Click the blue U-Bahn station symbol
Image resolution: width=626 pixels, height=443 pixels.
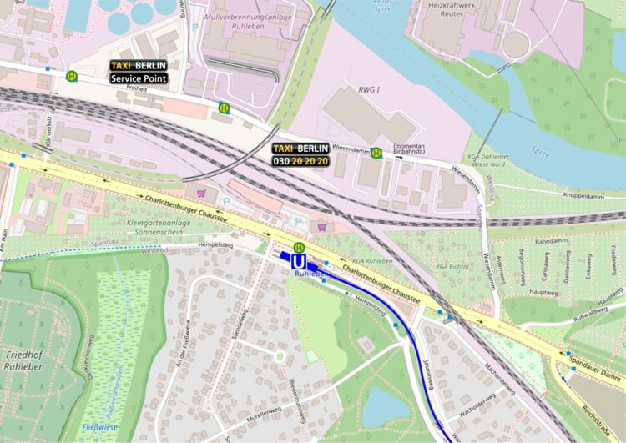(299, 261)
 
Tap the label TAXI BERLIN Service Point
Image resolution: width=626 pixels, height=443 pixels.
(139, 72)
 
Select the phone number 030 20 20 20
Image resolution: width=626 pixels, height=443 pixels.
(300, 160)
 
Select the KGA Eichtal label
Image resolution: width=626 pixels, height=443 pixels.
(452, 266)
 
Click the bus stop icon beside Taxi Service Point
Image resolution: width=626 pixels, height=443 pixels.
(73, 76)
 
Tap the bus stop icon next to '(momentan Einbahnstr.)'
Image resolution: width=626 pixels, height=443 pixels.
(377, 153)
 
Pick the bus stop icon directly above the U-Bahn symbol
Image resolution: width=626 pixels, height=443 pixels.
(299, 246)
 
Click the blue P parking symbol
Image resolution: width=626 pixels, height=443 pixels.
(299, 221)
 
